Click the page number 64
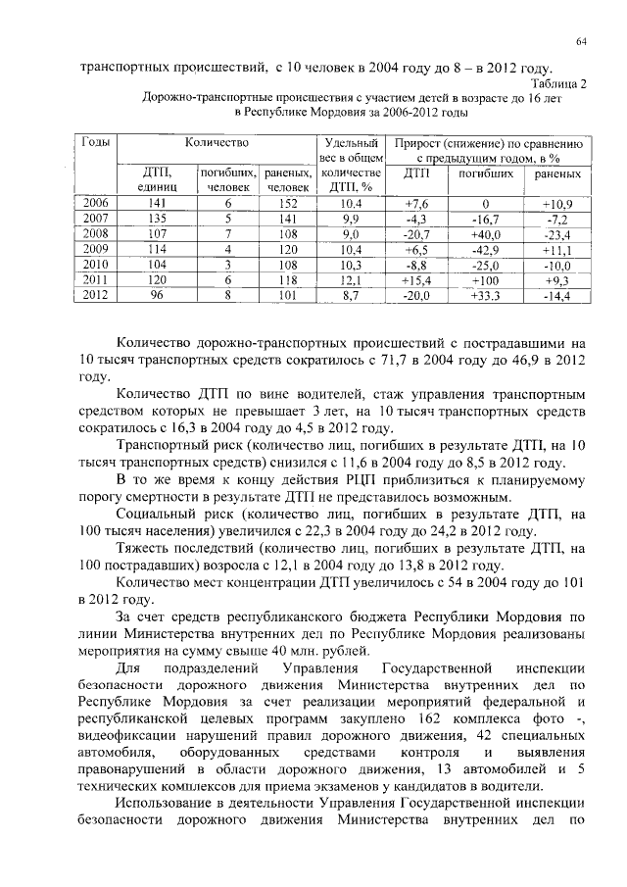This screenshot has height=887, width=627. coord(581,39)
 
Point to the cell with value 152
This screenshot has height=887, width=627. coord(283,204)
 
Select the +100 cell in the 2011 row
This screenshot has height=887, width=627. coord(485,280)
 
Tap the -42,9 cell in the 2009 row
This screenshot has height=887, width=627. coord(485,250)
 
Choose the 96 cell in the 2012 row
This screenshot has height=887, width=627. coord(155,294)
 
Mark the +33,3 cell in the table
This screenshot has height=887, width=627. coord(485,295)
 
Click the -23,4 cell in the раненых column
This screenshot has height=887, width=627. coord(556,235)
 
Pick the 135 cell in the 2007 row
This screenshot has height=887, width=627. coord(155,219)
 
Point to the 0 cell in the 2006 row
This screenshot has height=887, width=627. coord(485,204)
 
